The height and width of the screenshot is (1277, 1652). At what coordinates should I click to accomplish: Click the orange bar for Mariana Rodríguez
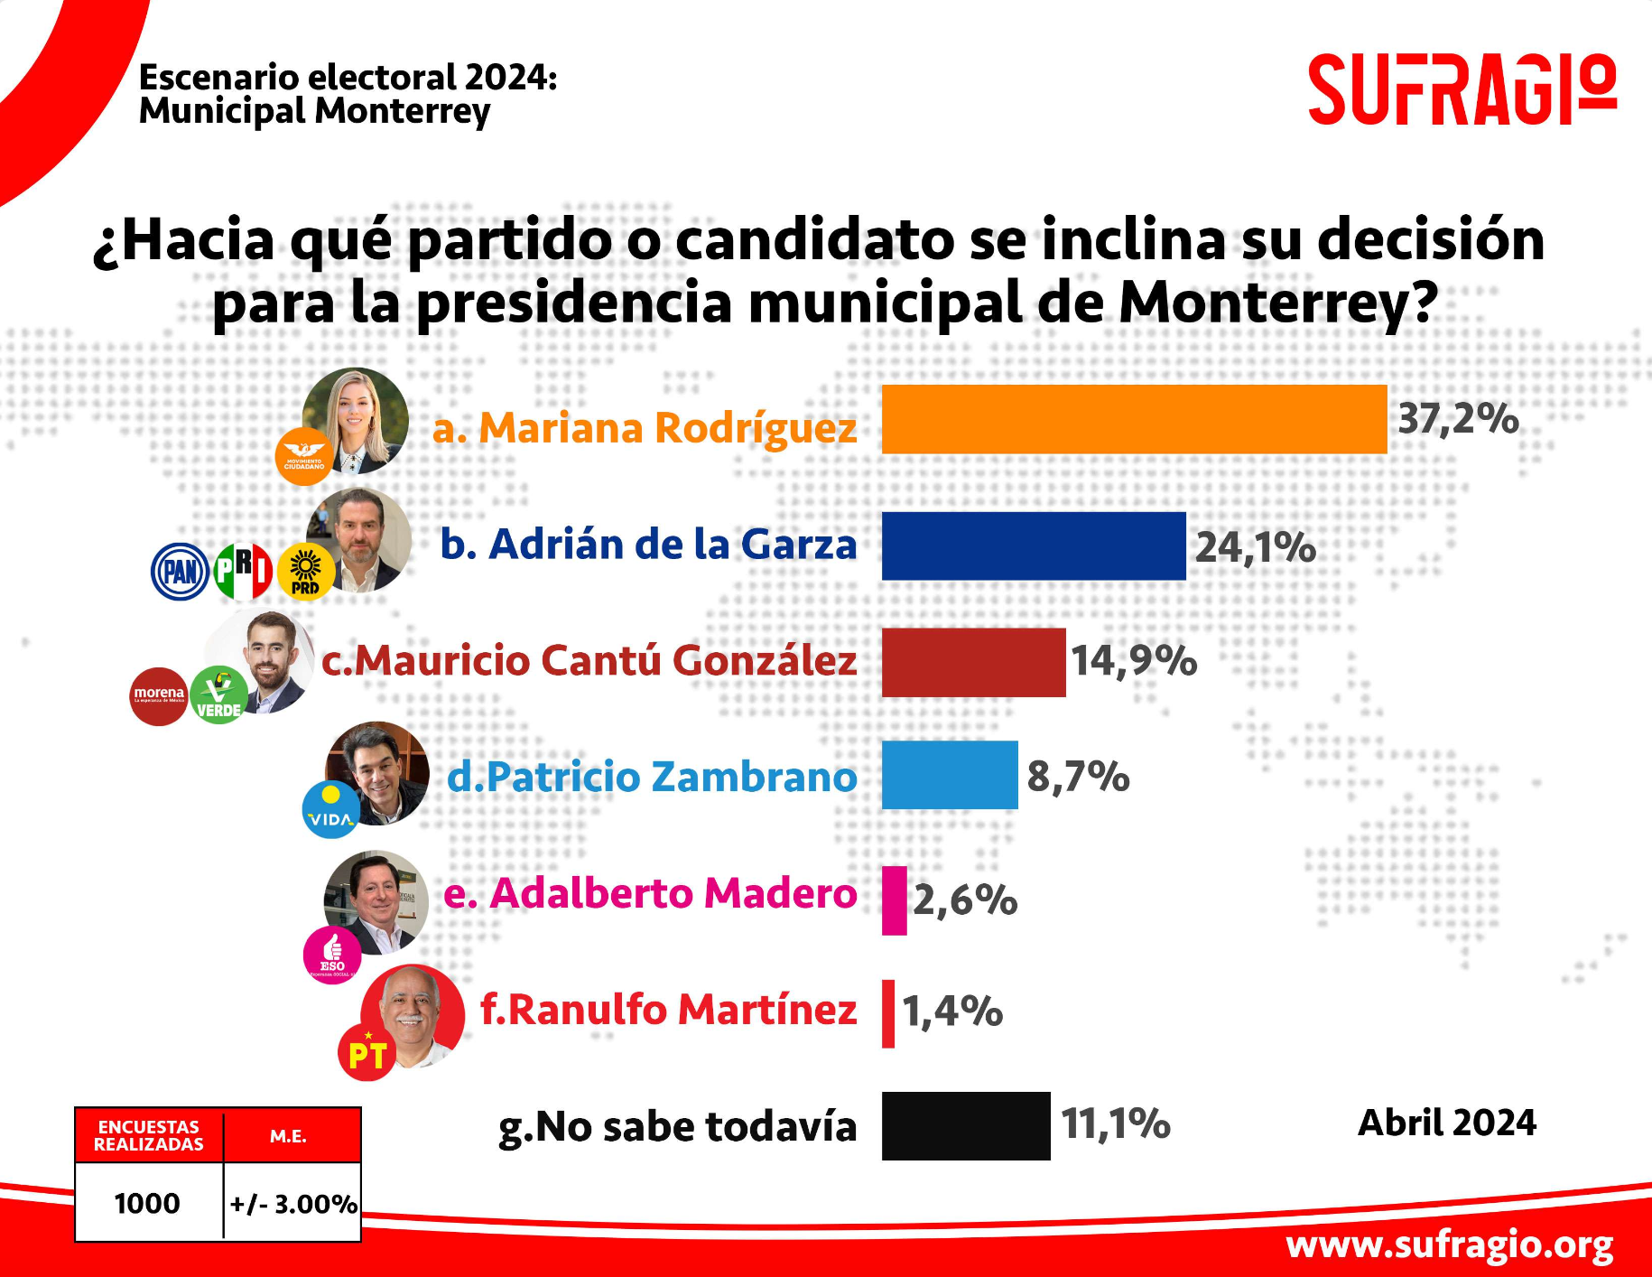(1133, 419)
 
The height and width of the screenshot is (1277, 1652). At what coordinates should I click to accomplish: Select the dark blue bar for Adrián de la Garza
(1033, 545)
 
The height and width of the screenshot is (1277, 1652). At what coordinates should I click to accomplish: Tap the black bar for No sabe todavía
(965, 1125)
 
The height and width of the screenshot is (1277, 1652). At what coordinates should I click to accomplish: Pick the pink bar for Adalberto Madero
(894, 900)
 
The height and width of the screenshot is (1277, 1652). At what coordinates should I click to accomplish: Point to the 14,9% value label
(1134, 661)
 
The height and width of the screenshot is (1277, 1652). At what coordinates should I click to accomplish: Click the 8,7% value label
(1078, 777)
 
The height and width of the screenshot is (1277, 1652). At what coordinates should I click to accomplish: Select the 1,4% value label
(952, 1011)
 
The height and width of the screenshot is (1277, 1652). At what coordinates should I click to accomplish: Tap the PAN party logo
(180, 572)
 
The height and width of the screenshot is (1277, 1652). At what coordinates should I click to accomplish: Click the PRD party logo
(305, 572)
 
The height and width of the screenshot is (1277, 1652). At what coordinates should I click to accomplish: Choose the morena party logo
(159, 696)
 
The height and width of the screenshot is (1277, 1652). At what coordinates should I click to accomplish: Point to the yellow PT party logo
(367, 1053)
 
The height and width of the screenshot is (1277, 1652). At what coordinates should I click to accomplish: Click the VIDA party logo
(330, 810)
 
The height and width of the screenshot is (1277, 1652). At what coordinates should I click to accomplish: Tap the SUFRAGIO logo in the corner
(1462, 89)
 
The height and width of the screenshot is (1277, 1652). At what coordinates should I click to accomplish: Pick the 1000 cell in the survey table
(147, 1203)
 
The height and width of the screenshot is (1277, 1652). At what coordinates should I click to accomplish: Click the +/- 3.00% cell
(292, 1203)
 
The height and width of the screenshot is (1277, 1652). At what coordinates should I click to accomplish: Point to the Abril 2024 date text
(1446, 1123)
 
